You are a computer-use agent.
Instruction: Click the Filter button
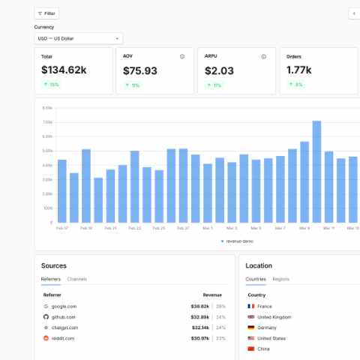coord(46,13)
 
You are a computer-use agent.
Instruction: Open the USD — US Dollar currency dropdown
coord(78,37)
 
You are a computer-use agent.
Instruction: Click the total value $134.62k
coord(64,70)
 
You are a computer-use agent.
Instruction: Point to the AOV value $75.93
coord(140,70)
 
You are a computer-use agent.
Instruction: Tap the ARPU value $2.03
coord(219,70)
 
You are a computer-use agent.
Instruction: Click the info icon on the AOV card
coord(181,56)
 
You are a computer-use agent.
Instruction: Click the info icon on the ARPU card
coord(263,56)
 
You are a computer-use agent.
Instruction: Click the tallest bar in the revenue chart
coord(316,172)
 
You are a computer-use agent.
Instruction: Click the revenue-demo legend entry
coord(239,241)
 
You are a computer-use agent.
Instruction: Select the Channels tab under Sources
coord(77,279)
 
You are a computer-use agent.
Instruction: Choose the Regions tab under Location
coord(280,279)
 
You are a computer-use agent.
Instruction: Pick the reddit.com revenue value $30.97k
coord(199,339)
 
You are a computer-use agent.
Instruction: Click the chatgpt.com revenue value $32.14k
coord(199,328)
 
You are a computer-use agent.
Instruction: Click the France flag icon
coord(251,307)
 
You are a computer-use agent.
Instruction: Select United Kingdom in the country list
coord(274,317)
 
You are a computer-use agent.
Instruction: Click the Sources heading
coord(54,265)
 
